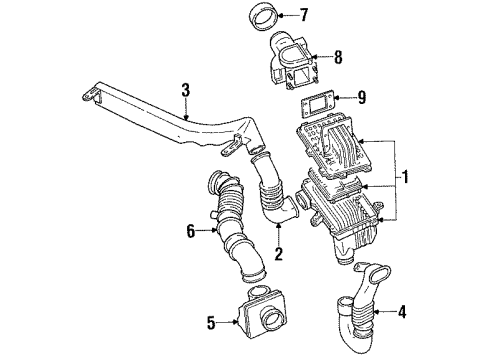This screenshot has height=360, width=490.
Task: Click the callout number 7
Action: click(x=303, y=15)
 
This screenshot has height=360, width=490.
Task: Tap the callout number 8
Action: click(x=338, y=57)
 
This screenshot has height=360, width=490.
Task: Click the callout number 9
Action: click(x=362, y=97)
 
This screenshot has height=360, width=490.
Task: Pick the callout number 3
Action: click(x=186, y=90)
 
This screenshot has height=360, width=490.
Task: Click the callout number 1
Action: click(x=405, y=177)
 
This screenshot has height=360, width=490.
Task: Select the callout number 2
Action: click(x=278, y=254)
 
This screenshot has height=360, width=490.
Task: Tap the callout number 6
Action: click(x=190, y=231)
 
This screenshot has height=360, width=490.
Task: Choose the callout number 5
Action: click(x=211, y=322)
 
